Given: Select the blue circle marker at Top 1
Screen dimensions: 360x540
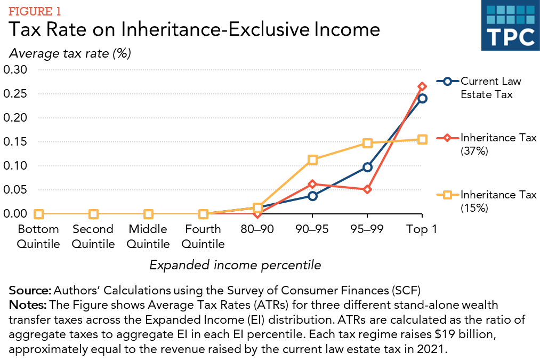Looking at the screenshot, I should (x=422, y=98).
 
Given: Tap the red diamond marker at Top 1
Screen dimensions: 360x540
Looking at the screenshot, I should (x=422, y=86).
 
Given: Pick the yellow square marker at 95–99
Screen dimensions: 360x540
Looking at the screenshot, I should (x=367, y=143).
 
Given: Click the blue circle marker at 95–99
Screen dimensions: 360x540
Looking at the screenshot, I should (x=367, y=167).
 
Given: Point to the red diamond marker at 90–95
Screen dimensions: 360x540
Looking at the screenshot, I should (x=312, y=184).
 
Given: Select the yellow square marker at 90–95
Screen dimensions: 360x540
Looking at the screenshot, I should (x=312, y=159).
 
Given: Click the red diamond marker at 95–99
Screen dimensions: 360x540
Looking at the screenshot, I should (x=367, y=189).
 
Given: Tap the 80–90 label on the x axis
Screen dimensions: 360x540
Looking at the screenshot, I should (x=257, y=229).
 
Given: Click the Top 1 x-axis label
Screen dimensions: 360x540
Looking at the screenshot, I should (x=422, y=229).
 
